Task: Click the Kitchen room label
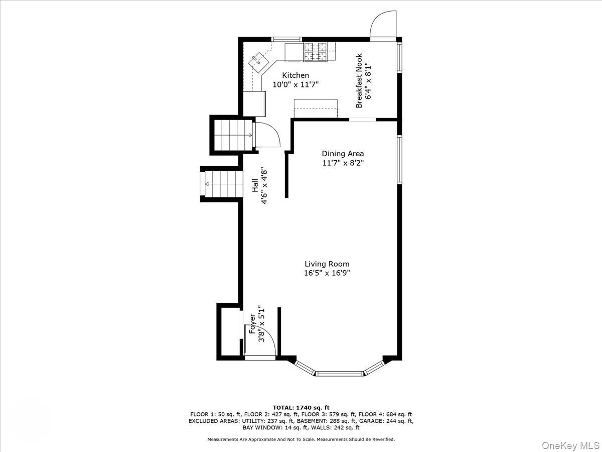pos(295,75)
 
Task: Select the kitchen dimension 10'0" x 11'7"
pos(295,85)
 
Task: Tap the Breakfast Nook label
pos(359,81)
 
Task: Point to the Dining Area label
pos(343,154)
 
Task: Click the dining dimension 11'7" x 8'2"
pos(343,163)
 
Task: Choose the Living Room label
pos(327,264)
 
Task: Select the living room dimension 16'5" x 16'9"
pos(327,273)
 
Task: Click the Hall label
pos(255,185)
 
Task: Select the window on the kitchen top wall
pos(286,39)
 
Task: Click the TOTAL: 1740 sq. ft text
pos(301,407)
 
